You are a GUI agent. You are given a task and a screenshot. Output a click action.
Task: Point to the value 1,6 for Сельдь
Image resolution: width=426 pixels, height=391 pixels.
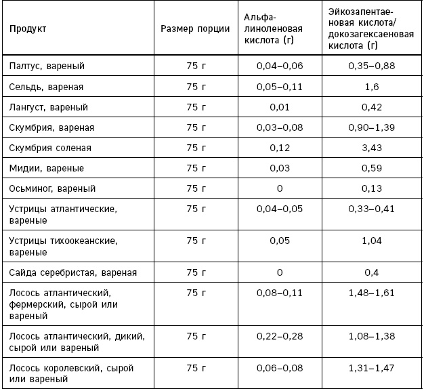pyautogui.click(x=371, y=87)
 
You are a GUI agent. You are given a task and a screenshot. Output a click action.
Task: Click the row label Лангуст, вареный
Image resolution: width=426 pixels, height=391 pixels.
pyautogui.click(x=49, y=107)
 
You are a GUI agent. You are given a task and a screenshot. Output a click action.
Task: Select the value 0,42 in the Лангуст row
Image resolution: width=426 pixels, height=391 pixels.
pyautogui.click(x=371, y=107)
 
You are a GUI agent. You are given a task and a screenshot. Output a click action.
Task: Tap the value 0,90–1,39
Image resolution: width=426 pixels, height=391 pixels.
pyautogui.click(x=371, y=127)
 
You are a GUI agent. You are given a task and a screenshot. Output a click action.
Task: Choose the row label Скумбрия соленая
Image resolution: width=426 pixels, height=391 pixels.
pyautogui.click(x=50, y=148)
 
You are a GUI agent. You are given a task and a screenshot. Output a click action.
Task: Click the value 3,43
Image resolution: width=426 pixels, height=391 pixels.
pyautogui.click(x=371, y=148)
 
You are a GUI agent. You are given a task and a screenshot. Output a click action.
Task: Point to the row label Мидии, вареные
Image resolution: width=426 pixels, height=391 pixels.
pyautogui.click(x=45, y=168)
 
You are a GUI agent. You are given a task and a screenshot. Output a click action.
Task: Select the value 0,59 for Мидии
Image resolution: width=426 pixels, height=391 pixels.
pyautogui.click(x=371, y=168)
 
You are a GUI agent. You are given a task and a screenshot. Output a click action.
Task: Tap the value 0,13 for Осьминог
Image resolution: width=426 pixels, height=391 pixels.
pyautogui.click(x=371, y=188)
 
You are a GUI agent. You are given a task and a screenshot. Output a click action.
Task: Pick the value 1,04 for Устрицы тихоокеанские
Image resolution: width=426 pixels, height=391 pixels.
pyautogui.click(x=371, y=241)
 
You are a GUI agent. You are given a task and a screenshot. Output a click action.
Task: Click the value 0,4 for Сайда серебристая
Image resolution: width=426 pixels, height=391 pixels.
pyautogui.click(x=371, y=272)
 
